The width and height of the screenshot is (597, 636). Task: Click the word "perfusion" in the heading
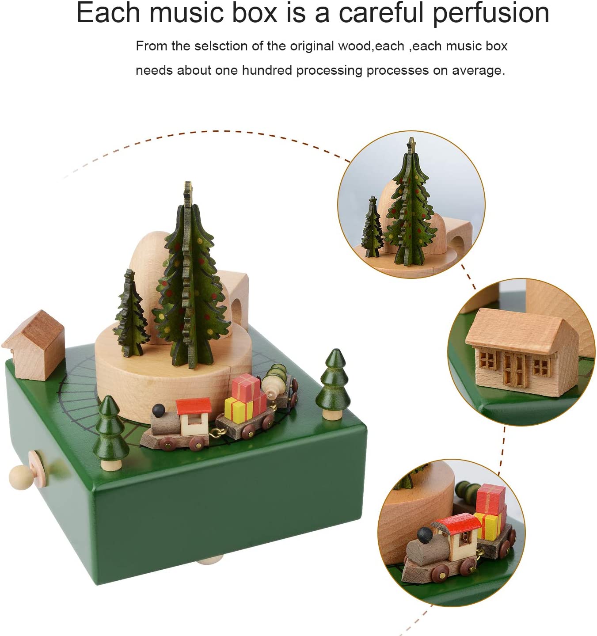[x=491, y=14]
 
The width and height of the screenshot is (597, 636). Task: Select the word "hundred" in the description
[x=267, y=70]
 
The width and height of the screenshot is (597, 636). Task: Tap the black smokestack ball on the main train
[x=158, y=410]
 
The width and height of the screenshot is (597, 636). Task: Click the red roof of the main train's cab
[x=194, y=406]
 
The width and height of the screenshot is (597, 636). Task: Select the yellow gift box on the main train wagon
[x=239, y=410]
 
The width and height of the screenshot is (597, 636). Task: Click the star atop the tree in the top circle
[x=411, y=142]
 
